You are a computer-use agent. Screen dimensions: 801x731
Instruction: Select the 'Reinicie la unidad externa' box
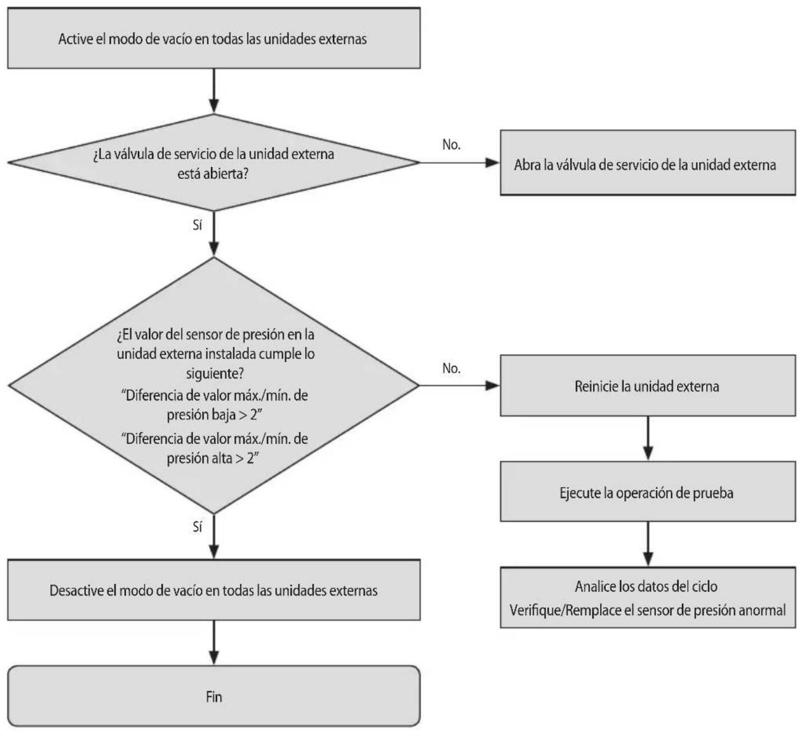[x=648, y=386]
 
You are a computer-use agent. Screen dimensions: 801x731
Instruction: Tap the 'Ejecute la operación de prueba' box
[x=648, y=492]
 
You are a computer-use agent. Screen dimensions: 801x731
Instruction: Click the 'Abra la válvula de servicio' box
[x=648, y=163]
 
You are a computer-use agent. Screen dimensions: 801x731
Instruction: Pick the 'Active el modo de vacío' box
[x=213, y=38]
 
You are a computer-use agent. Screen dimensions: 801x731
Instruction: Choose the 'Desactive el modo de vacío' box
[x=213, y=590]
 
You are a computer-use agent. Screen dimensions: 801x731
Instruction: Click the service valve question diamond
[x=213, y=163]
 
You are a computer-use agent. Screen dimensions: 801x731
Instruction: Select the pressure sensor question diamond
[x=213, y=386]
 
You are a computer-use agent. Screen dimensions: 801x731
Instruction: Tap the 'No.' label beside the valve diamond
[x=451, y=144]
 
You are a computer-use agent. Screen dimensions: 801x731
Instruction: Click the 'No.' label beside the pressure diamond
[x=451, y=368]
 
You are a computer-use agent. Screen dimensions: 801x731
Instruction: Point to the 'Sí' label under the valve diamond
[x=197, y=225]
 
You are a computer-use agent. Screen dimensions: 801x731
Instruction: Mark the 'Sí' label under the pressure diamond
[x=197, y=527]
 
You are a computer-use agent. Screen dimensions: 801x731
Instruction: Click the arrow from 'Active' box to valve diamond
[x=214, y=91]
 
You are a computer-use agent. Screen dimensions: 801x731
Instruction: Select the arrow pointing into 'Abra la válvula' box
[x=460, y=163]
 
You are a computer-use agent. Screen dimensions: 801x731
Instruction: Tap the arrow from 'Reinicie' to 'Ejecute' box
[x=648, y=439]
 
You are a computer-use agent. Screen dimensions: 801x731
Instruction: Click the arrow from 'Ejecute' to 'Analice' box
[x=648, y=545]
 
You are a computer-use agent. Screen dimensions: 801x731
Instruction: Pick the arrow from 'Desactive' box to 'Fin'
[x=214, y=643]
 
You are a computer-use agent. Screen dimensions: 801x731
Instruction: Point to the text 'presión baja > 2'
[x=214, y=414]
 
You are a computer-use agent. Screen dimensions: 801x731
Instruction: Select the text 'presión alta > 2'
[x=212, y=458]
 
